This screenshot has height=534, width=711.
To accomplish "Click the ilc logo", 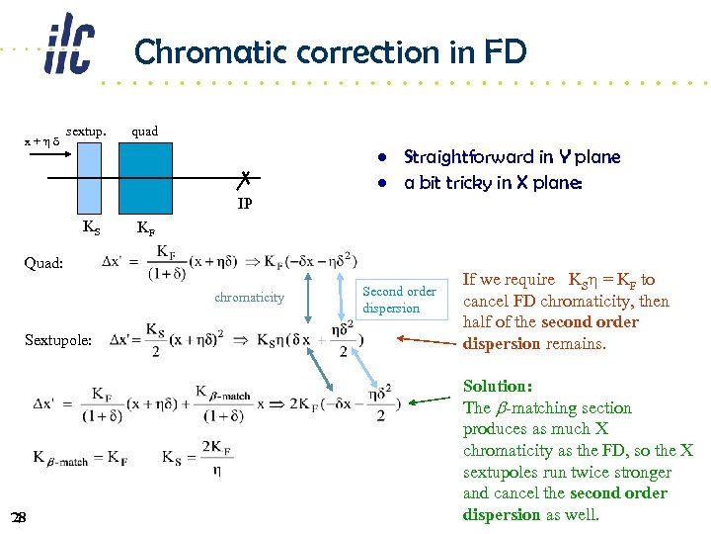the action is click(x=68, y=45).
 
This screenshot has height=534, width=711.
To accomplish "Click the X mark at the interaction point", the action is click(x=243, y=179).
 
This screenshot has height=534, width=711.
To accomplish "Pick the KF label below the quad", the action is click(x=145, y=228).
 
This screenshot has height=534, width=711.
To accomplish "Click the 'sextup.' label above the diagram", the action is click(x=86, y=131).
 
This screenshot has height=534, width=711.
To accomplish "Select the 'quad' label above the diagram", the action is click(x=144, y=131).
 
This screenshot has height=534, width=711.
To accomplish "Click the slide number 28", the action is click(x=18, y=518).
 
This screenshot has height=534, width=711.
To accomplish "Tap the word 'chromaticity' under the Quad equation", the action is click(x=249, y=297).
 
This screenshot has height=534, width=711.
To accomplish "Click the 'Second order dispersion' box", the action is click(x=399, y=300).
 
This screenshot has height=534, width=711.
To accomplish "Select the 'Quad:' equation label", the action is click(x=44, y=263).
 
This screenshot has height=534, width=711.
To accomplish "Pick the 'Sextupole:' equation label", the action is click(x=58, y=339).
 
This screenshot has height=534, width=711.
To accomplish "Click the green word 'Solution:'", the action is click(x=498, y=387).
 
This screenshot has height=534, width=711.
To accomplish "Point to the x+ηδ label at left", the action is click(x=41, y=141).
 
